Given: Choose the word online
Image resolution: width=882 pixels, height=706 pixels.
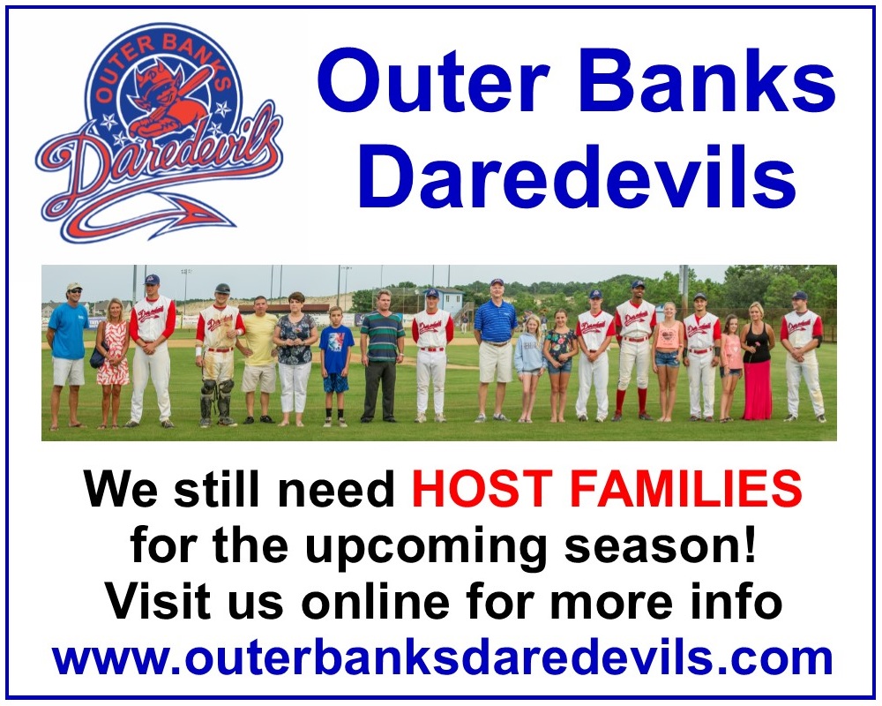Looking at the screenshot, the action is (x=375, y=601).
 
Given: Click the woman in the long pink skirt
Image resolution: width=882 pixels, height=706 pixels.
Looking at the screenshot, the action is (x=757, y=362).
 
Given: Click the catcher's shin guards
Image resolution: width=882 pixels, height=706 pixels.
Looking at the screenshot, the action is (x=217, y=401).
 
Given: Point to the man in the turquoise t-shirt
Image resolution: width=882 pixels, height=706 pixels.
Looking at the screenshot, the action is (x=67, y=356).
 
